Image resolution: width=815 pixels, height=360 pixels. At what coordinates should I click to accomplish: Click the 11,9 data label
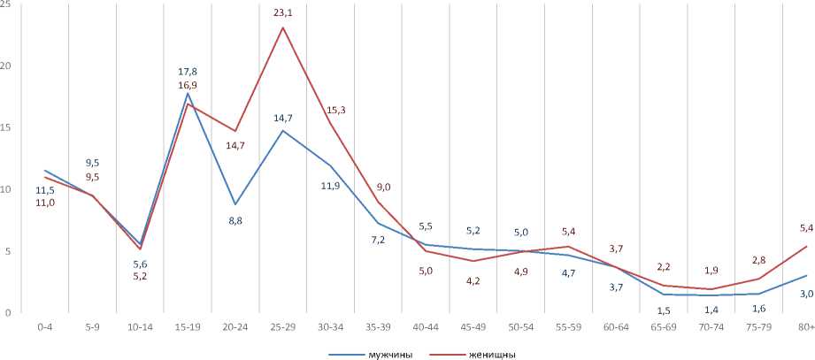point(330,186)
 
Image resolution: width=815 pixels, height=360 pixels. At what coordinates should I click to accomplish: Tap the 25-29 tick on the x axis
point(282,326)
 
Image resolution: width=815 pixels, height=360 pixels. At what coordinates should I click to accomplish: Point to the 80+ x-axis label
point(805,326)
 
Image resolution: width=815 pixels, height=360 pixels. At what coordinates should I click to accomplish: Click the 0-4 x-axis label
point(44,326)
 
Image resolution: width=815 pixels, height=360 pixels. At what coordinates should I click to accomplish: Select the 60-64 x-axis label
point(615,326)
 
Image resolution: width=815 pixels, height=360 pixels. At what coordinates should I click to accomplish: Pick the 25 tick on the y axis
point(6,4)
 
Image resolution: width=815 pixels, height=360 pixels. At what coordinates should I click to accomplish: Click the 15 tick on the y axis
point(6,127)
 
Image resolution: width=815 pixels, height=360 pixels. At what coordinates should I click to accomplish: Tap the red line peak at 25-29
point(282,27)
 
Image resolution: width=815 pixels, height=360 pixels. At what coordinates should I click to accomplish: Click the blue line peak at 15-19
point(187,93)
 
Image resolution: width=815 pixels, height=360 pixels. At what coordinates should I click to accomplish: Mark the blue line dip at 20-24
point(235,204)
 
